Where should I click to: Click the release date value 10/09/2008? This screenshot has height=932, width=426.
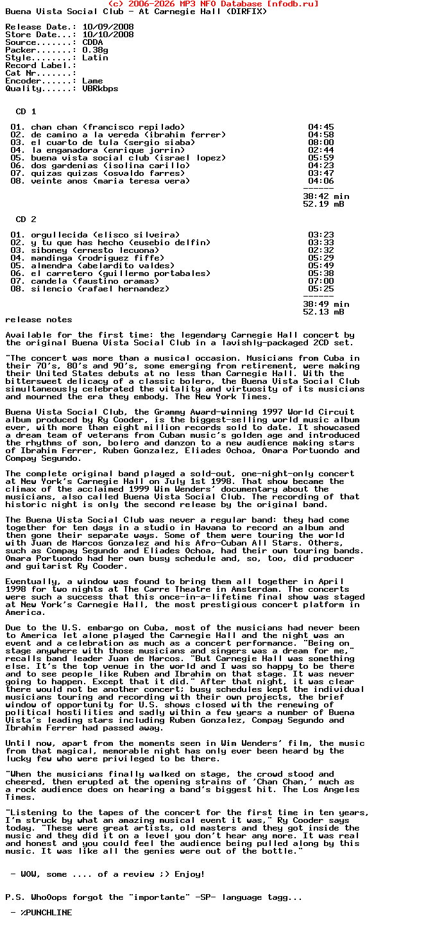(x=108, y=27)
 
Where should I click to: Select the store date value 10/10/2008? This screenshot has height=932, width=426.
(x=108, y=35)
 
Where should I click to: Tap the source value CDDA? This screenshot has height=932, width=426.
(x=92, y=42)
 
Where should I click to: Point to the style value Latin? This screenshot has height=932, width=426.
(x=95, y=58)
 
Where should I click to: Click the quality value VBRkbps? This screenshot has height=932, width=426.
(x=100, y=89)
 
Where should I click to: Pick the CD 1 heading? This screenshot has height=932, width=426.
(x=26, y=112)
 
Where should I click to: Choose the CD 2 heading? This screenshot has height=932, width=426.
(x=26, y=220)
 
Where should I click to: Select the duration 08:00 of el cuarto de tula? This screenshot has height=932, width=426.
(x=321, y=142)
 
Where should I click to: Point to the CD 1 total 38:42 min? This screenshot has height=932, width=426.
(x=326, y=196)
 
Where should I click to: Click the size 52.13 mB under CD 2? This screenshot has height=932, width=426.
(x=323, y=312)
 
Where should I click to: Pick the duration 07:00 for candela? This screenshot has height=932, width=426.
(x=321, y=281)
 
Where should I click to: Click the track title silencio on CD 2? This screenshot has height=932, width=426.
(x=51, y=289)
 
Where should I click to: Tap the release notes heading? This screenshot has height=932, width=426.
(x=38, y=320)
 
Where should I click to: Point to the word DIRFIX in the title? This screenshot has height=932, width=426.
(x=246, y=12)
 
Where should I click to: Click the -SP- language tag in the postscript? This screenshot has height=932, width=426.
(x=207, y=897)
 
